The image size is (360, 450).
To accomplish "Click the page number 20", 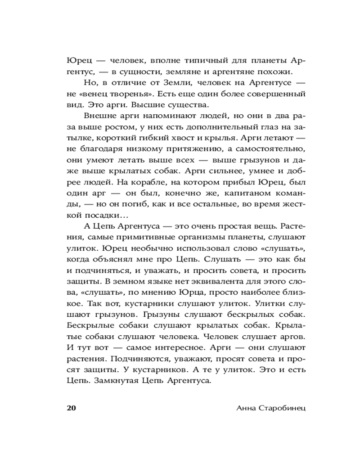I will pyautogui.click(x=72, y=409).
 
